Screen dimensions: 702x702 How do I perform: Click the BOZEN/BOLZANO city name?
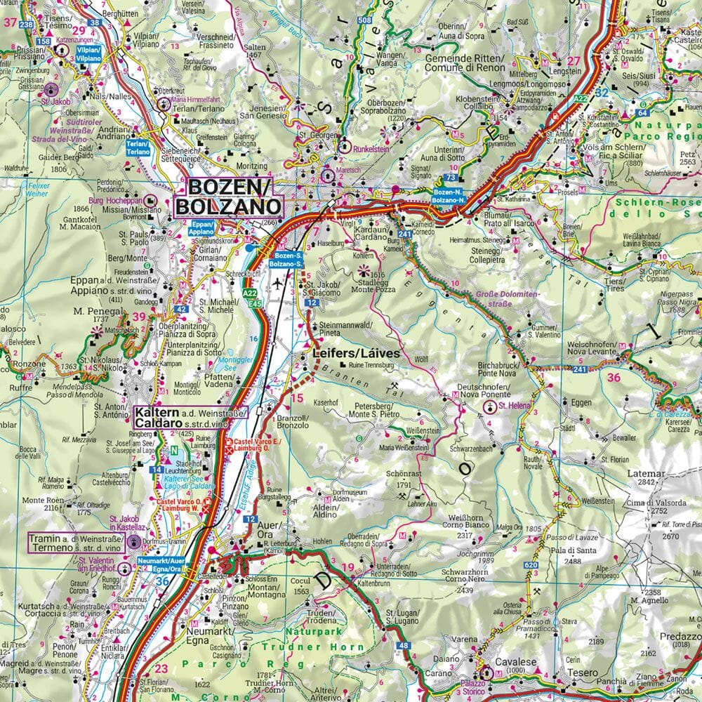(x=228, y=197)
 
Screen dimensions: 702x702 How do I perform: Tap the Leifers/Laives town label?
(x=355, y=355)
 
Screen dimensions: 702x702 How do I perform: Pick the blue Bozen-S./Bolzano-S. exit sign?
(x=288, y=260)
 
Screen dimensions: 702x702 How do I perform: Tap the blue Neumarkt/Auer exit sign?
(x=163, y=566)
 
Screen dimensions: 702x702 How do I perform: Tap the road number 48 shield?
(x=402, y=646)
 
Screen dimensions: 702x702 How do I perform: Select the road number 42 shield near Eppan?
(x=181, y=308)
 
